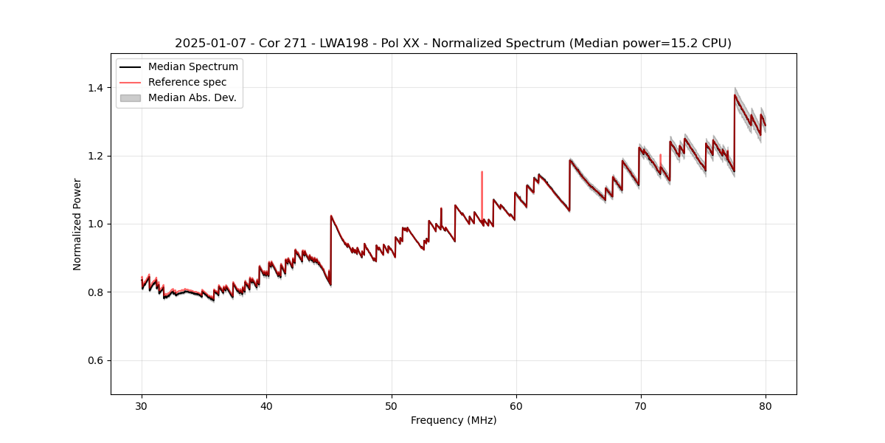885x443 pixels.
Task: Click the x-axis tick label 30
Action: (142, 405)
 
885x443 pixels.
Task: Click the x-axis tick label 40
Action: (266, 405)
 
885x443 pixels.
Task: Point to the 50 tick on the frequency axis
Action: (391, 405)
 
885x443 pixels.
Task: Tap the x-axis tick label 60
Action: (516, 405)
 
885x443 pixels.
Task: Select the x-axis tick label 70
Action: (640, 405)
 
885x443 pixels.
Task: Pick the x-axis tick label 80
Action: (765, 405)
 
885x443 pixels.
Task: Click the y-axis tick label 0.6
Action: (96, 360)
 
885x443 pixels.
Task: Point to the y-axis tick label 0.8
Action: (96, 292)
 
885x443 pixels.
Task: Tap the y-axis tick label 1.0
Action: (96, 224)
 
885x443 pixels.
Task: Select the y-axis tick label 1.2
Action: (96, 156)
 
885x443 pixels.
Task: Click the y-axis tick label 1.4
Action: (96, 88)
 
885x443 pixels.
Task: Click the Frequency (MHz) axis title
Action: (454, 420)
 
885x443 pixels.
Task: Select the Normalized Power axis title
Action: (77, 224)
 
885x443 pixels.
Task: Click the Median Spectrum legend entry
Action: (192, 67)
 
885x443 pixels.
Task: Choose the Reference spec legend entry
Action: (187, 83)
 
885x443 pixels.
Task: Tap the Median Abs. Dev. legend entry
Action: (192, 97)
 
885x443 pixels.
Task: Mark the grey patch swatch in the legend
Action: (131, 97)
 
